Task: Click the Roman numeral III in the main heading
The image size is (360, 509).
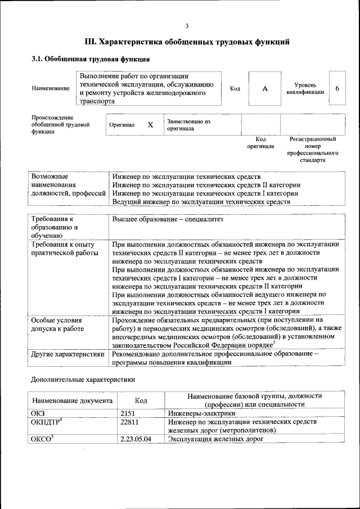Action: (91, 42)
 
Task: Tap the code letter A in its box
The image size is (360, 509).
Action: (264, 88)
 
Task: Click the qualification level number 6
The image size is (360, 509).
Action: (336, 88)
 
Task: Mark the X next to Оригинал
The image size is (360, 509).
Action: (150, 125)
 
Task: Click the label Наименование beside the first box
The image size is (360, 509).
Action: (51, 88)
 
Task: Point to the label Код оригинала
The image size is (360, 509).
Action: (260, 142)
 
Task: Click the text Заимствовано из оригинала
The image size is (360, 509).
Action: (188, 124)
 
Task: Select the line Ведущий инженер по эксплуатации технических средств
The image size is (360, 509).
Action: (201, 201)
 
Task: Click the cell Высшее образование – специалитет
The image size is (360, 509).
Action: (168, 219)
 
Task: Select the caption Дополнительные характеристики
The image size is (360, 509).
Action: (83, 379)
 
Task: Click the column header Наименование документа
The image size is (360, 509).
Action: (73, 400)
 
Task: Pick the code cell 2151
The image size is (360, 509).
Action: (129, 413)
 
